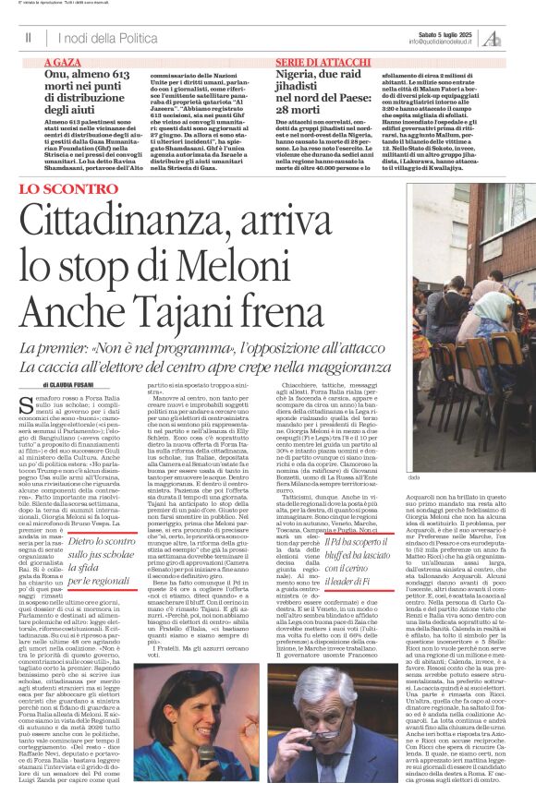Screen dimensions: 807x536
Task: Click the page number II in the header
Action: point(29,37)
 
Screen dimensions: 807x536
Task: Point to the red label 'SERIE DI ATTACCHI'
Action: point(314,60)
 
